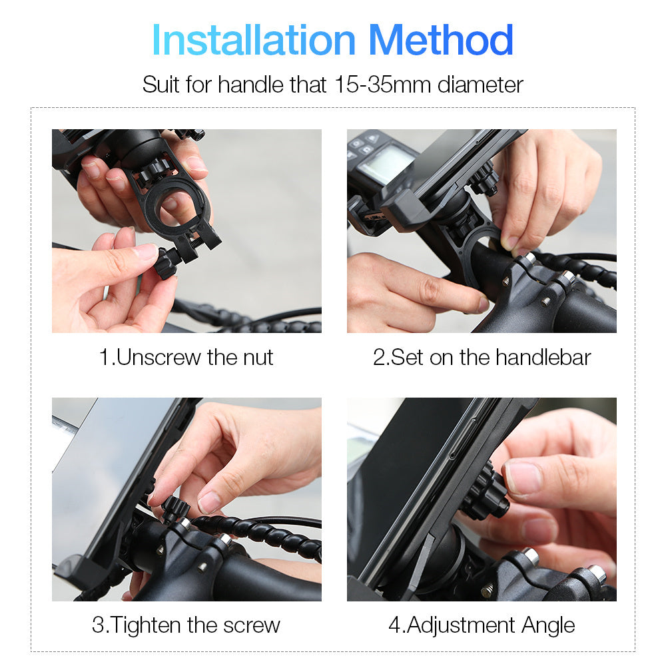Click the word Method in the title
click(440, 40)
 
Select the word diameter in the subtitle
click(480, 85)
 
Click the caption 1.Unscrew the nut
click(186, 357)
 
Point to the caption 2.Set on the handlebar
click(482, 357)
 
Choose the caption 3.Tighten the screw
click(186, 625)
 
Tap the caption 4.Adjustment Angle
click(482, 625)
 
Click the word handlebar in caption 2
click(543, 357)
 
